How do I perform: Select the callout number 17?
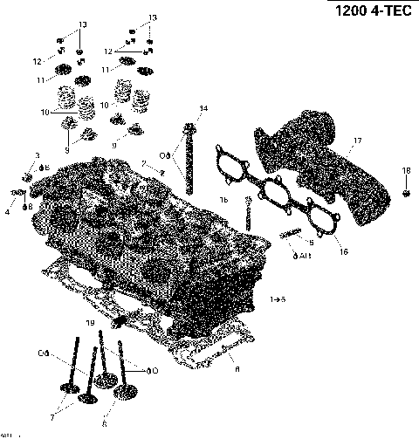click(x=356, y=140)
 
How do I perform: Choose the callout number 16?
click(x=343, y=251)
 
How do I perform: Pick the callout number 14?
click(x=203, y=108)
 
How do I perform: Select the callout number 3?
click(x=38, y=155)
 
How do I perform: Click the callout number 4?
click(x=7, y=211)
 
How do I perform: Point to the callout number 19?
click(x=89, y=323)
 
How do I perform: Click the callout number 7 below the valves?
click(x=52, y=417)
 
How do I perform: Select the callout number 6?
click(x=104, y=424)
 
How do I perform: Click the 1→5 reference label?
click(x=277, y=299)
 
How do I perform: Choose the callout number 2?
click(x=145, y=163)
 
